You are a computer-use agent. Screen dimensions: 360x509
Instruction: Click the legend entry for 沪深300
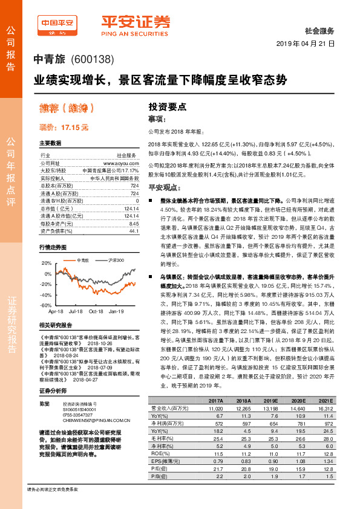tap(116, 259)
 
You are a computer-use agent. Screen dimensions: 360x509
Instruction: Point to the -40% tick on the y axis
tap(46, 294)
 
